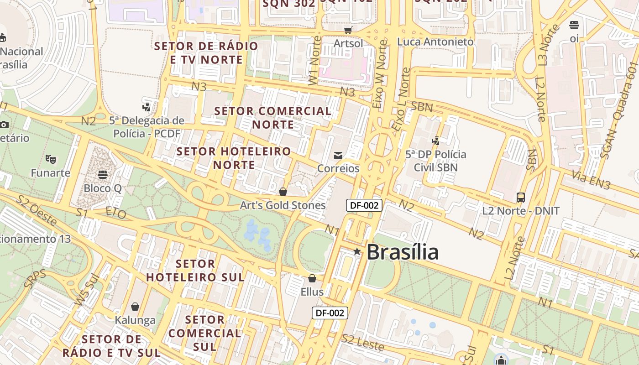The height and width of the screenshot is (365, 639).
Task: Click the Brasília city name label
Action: point(402,252)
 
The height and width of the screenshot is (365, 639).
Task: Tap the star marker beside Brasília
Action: point(357,251)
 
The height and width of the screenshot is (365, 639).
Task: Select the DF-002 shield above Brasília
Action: point(364,205)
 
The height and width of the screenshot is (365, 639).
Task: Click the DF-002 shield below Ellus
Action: point(330,313)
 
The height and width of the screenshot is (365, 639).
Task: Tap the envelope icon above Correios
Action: point(338,156)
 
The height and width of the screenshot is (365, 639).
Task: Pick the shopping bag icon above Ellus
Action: point(312,278)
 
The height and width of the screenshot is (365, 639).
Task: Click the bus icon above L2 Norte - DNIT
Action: point(521,198)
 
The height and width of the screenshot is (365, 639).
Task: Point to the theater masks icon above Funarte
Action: point(50,159)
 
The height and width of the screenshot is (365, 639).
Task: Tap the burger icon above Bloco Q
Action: point(103,174)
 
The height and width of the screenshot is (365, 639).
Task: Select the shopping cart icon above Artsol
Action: point(348,30)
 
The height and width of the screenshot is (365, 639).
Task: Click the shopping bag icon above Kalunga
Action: point(135,307)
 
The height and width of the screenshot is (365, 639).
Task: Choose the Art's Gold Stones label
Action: point(283,205)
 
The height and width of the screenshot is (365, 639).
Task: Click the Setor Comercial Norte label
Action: point(273,118)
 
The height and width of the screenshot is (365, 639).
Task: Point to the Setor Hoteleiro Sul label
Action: point(195,270)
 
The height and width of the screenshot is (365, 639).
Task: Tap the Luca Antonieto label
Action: point(435,42)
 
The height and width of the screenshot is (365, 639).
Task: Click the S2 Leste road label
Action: point(363,343)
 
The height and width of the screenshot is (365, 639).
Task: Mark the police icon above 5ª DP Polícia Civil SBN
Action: point(436,141)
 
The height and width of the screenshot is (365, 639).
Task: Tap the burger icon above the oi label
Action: point(574,25)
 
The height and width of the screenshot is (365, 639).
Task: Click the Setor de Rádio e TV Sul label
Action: point(111,346)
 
